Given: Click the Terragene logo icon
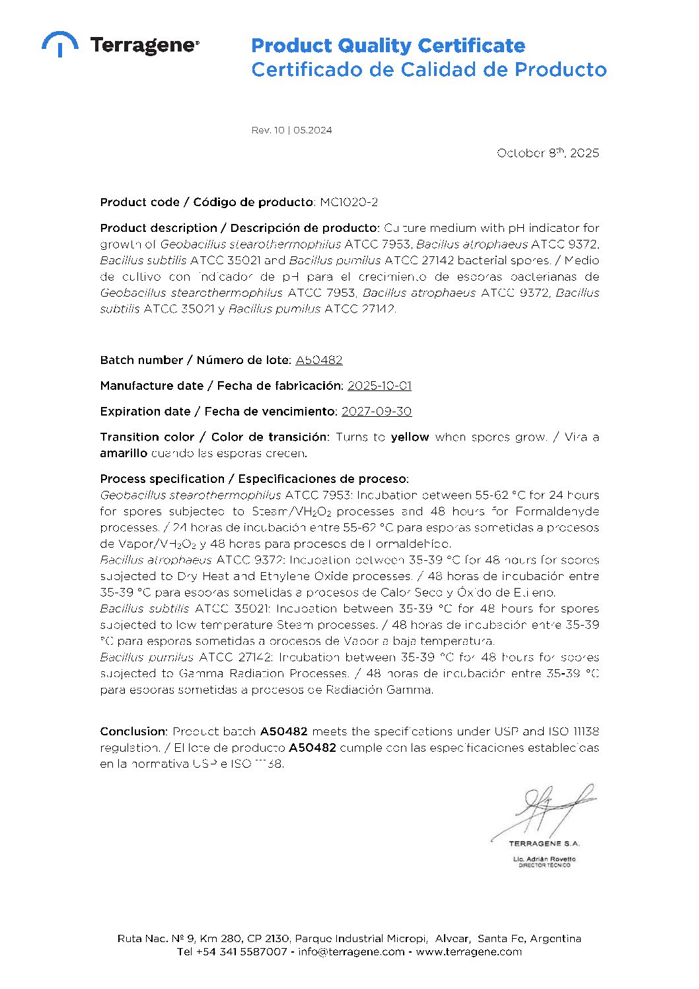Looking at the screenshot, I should (60, 44).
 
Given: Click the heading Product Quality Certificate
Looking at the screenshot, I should (388, 46).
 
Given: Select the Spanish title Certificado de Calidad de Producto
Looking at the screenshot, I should (429, 69).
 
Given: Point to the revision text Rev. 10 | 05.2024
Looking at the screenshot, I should (291, 130).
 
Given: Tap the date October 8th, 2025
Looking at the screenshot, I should (548, 153).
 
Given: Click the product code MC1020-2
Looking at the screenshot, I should (349, 202).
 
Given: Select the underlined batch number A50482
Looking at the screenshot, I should (319, 360).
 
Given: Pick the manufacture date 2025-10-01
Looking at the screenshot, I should (379, 386).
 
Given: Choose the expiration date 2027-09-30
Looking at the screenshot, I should (376, 412).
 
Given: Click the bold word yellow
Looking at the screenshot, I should (410, 437).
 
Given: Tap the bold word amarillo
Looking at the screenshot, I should (124, 453).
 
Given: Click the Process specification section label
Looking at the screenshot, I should (254, 479).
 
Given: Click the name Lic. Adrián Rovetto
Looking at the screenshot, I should (544, 859).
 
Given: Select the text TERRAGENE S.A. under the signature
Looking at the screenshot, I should (544, 844).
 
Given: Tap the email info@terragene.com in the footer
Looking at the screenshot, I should (351, 952).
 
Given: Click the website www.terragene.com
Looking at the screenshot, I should (468, 952).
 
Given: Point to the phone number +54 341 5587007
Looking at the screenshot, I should (241, 952).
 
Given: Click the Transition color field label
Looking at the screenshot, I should (213, 437).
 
